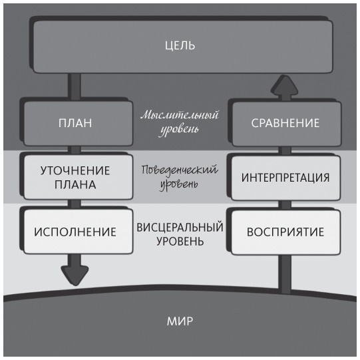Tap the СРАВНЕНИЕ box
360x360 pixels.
click(285, 123)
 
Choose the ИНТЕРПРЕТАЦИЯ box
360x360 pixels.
click(285, 178)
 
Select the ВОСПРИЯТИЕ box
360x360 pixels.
click(285, 232)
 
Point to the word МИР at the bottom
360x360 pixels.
click(180, 321)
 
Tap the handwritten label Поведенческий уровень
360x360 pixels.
click(179, 176)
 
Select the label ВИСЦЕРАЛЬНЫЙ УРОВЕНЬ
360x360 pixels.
click(180, 232)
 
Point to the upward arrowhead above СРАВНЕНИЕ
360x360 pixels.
click(285, 84)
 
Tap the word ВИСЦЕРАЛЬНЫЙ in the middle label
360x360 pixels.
click(180, 226)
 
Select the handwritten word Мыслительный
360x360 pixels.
click(179, 114)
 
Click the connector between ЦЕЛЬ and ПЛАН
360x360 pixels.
click(75, 85)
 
